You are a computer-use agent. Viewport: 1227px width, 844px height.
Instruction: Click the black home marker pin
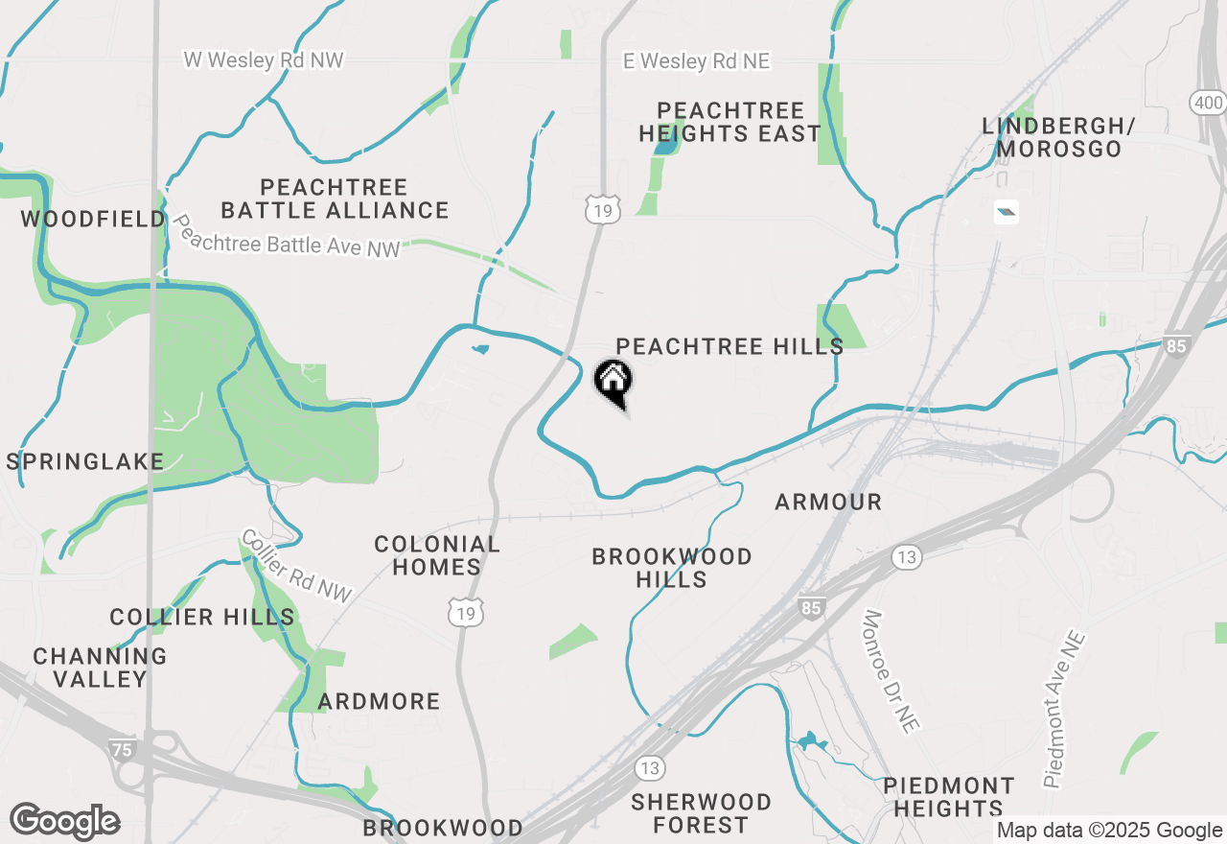point(613,382)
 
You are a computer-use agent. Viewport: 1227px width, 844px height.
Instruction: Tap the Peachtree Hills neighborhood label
point(729,346)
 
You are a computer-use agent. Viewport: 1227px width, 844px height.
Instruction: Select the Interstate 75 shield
point(122,750)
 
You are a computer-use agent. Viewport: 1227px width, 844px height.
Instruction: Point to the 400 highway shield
point(1207,102)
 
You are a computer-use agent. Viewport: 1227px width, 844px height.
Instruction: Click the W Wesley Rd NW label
point(264,60)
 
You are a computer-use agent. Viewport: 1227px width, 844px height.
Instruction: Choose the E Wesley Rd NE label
point(696,61)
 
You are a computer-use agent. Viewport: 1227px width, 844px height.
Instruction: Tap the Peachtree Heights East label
point(729,122)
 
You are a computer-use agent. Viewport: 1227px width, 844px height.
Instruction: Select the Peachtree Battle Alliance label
point(335,199)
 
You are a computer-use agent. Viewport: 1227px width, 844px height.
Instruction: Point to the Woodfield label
point(93,220)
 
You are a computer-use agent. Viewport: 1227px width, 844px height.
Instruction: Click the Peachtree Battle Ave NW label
point(285,236)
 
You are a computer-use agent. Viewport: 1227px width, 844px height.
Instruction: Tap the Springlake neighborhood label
point(85,461)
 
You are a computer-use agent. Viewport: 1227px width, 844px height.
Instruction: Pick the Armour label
point(827,502)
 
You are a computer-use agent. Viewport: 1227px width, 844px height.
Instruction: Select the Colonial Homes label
point(437,555)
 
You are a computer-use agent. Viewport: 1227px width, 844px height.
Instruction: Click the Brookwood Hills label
point(672,568)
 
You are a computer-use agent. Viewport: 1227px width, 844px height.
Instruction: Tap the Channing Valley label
point(100,668)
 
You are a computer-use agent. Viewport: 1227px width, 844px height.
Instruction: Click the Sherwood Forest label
point(702,813)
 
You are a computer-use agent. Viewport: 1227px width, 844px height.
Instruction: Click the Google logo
point(64,822)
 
